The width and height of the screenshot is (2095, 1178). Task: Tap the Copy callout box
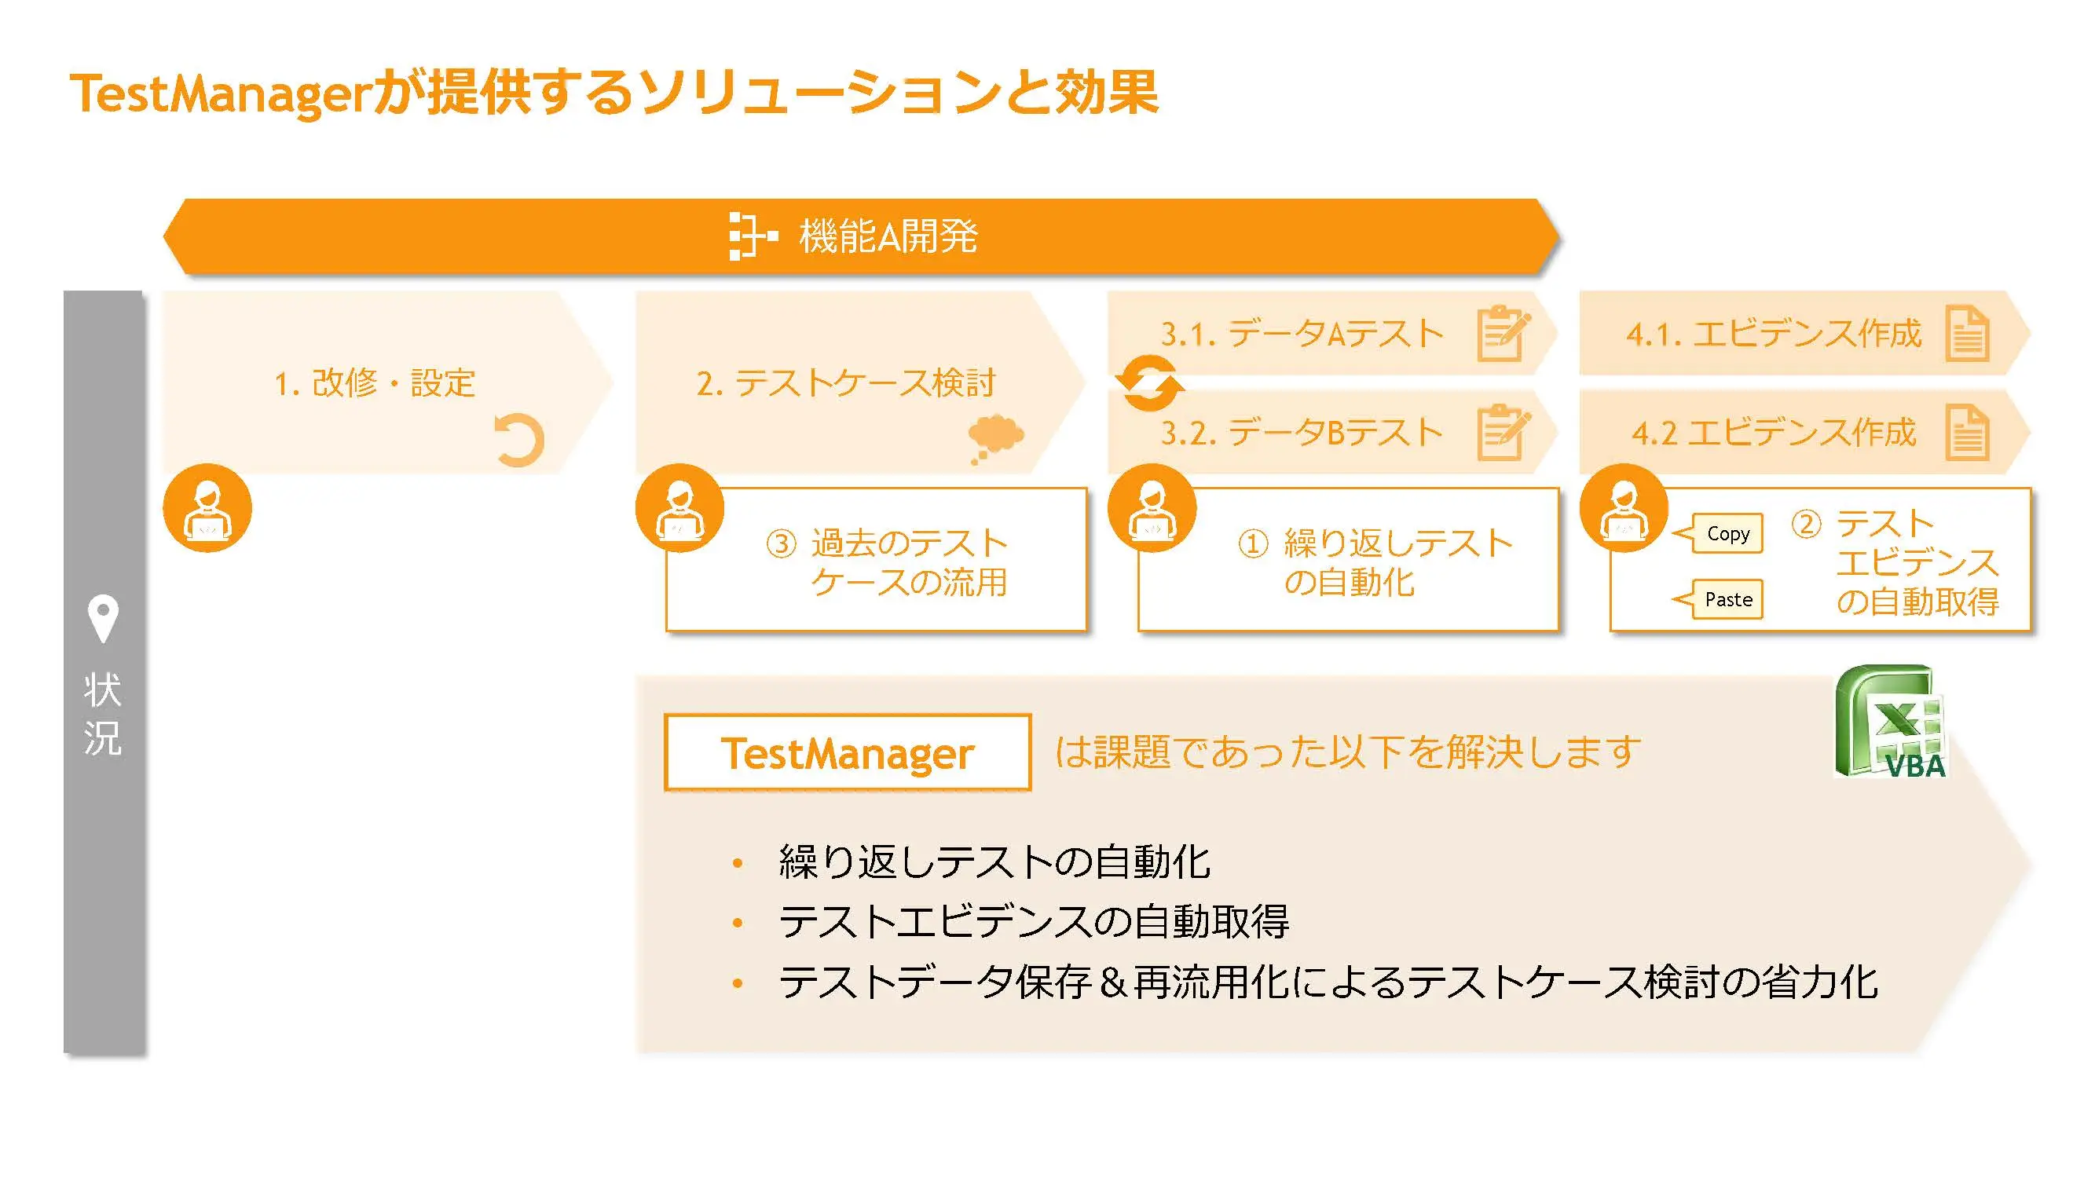coord(1727,533)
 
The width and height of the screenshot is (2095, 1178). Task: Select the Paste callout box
coord(1727,599)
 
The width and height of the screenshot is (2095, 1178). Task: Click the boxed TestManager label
coord(848,752)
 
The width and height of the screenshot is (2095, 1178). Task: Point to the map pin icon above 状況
coord(102,618)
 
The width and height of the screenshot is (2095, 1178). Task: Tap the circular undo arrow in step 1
coord(519,440)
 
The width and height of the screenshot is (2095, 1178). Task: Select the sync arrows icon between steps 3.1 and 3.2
coord(1148,382)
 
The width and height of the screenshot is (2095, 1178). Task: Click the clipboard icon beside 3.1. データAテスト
coord(1502,332)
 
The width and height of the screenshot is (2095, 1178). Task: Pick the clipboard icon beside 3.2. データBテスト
coord(1502,432)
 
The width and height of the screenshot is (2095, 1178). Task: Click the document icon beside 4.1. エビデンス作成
coord(1967,332)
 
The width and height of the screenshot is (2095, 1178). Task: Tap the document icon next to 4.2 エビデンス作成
coord(1967,432)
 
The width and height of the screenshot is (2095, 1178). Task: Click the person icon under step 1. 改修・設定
coord(207,508)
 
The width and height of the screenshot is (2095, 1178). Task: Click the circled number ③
coord(782,543)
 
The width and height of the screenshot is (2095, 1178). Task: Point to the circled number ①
coord(1252,543)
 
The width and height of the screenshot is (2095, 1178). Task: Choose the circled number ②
coord(1805,525)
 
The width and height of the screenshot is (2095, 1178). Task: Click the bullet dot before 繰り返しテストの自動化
coord(738,862)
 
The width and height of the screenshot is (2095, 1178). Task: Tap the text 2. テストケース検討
coord(845,383)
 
